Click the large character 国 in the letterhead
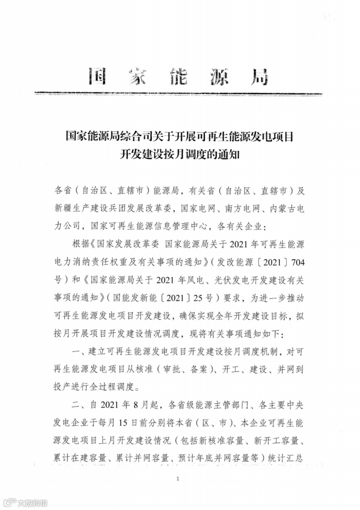(98, 77)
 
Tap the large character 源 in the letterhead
(216, 77)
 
